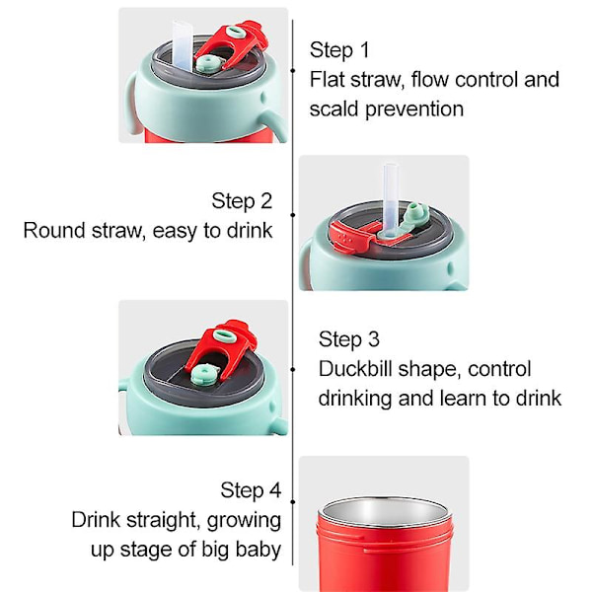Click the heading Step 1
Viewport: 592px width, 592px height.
pyautogui.click(x=339, y=50)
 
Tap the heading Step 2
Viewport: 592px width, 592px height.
pyautogui.click(x=242, y=201)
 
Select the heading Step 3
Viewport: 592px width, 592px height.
pyautogui.click(x=349, y=339)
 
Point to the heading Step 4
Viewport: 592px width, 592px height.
pyautogui.click(x=251, y=490)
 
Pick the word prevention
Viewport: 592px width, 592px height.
pyautogui.click(x=414, y=110)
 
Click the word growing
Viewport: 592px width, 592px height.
pyautogui.click(x=244, y=521)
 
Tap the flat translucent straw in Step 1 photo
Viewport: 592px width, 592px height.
pyautogui.click(x=183, y=45)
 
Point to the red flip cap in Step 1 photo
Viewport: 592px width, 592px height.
pyautogui.click(x=233, y=43)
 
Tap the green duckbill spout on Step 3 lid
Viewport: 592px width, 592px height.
pyautogui.click(x=204, y=375)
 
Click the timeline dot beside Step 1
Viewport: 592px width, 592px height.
pyautogui.click(x=293, y=71)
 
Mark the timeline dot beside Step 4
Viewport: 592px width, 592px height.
pyautogui.click(x=293, y=502)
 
